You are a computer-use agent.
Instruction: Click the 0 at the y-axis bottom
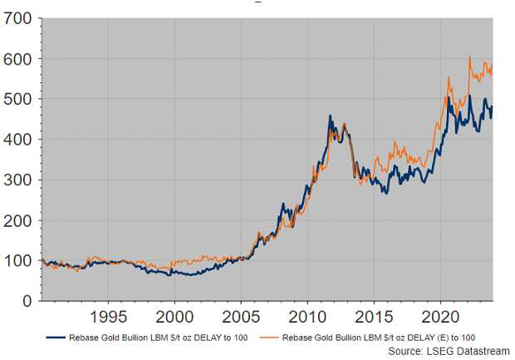click(27, 300)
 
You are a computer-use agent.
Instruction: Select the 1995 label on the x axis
click(109, 317)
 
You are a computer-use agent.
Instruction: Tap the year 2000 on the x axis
click(175, 317)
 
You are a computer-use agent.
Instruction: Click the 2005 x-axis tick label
click(241, 317)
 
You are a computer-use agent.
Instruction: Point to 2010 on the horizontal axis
click(307, 317)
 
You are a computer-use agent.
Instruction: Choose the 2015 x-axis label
click(374, 317)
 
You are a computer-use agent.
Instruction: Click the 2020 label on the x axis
click(440, 317)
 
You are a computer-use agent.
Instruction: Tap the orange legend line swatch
click(268, 338)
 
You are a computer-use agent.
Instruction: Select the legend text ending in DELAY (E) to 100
click(379, 338)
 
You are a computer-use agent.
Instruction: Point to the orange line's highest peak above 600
click(470, 57)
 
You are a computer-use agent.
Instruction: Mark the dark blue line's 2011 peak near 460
click(330, 116)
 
